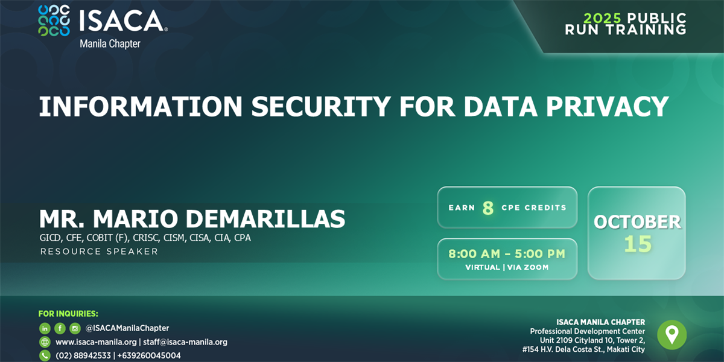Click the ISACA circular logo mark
54,21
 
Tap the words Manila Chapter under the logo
110,43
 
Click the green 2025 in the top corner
603,18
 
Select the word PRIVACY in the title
608,106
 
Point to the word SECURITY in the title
321,106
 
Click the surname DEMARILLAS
265,219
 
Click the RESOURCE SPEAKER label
99,252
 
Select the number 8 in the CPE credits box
488,208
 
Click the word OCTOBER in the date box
637,222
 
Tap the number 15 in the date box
638,244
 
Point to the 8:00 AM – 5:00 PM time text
507,254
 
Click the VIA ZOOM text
528,267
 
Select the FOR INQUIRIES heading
68,314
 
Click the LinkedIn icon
45,328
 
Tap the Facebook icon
60,328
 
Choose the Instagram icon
75,328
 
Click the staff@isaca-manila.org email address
185,342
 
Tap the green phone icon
45,355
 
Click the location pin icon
672,335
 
